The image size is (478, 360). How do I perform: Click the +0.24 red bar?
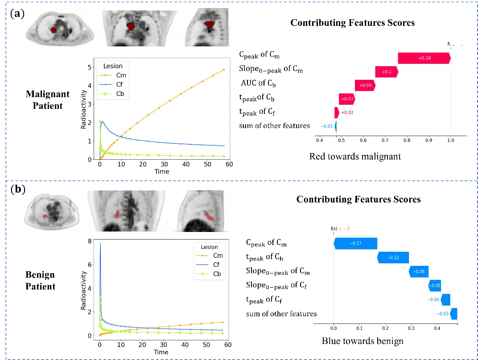tap(424, 58)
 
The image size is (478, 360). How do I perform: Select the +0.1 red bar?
tap(387, 72)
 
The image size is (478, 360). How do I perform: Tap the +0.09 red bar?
tap(365, 85)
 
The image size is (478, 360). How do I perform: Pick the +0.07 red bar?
tap(347, 99)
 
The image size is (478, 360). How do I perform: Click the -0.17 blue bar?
tap(355, 244)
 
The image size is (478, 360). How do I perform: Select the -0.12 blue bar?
tap(393, 258)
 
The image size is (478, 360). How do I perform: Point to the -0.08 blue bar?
tap(418, 272)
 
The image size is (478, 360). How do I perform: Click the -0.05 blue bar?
tap(435, 286)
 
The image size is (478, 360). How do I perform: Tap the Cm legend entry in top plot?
tap(121, 75)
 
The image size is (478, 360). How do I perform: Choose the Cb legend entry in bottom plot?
tap(217, 274)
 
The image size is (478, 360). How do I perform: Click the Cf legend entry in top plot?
tap(120, 85)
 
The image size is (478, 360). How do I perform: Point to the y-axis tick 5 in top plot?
tap(90, 67)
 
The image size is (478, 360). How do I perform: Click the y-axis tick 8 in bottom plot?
tap(90, 241)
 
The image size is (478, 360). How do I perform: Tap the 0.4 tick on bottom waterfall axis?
tap(437, 328)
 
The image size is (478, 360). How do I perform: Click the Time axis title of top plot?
tap(162, 171)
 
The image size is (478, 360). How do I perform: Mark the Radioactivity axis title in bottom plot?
tap(83, 291)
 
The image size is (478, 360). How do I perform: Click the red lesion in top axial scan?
tap(54, 30)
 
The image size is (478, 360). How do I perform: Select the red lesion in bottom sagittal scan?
tap(209, 217)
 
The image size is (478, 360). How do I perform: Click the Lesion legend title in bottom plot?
tap(210, 247)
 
